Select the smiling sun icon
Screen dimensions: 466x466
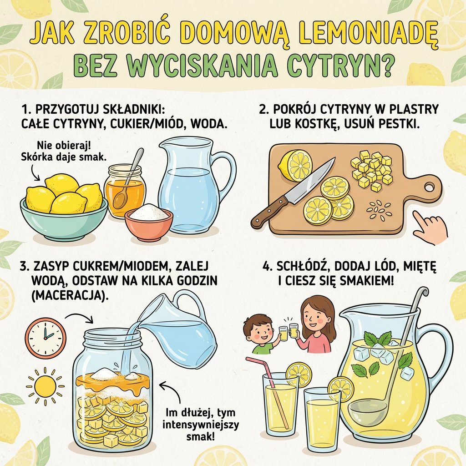[x=45, y=385]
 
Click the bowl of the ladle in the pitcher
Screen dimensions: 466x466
[x=368, y=411]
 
